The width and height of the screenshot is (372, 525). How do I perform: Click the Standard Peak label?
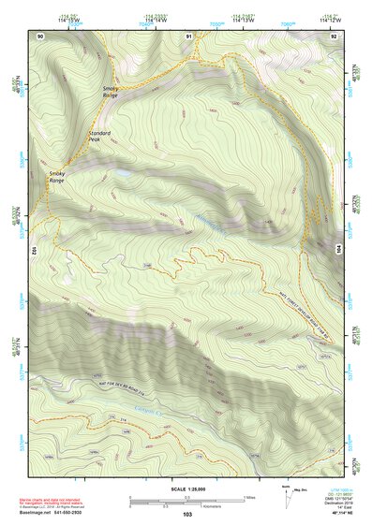click(99, 137)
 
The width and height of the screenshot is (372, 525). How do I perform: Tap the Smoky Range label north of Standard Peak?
click(111, 91)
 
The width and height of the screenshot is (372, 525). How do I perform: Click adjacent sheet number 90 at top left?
click(40, 36)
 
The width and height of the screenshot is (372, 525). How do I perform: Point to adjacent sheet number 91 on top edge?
click(189, 36)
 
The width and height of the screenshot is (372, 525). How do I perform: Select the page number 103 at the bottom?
click(187, 515)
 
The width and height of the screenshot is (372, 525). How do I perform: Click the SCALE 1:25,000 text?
click(187, 488)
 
